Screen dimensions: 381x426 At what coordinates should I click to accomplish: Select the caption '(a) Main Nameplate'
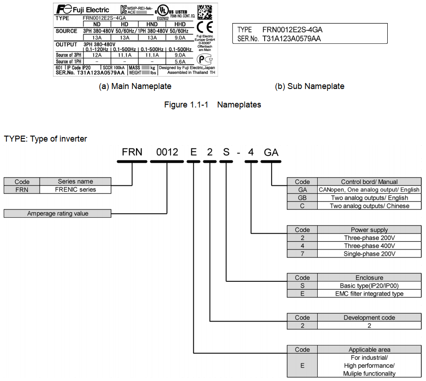point(135,86)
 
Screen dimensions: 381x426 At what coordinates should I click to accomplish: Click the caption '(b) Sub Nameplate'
point(309,86)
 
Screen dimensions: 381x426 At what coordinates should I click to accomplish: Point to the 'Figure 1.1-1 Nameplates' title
point(213,105)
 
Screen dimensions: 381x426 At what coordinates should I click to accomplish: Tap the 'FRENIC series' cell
point(76,190)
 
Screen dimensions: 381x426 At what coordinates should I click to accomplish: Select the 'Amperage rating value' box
point(58,214)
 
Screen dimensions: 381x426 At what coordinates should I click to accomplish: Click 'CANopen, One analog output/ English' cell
point(369,190)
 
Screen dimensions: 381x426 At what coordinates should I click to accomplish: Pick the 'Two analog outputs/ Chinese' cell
point(369,206)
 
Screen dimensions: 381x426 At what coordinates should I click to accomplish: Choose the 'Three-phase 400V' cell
point(369,246)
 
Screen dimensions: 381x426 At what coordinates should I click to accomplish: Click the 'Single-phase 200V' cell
point(369,254)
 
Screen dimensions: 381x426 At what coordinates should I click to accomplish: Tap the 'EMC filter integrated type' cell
point(369,294)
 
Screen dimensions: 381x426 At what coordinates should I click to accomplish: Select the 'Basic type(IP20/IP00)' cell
point(369,286)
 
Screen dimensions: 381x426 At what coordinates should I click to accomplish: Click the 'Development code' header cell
point(369,317)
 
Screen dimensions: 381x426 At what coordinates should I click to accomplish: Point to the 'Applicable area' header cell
point(369,350)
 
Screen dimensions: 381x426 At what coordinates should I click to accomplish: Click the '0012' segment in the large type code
point(167,152)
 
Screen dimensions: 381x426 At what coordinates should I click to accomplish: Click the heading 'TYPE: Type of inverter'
point(45,139)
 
